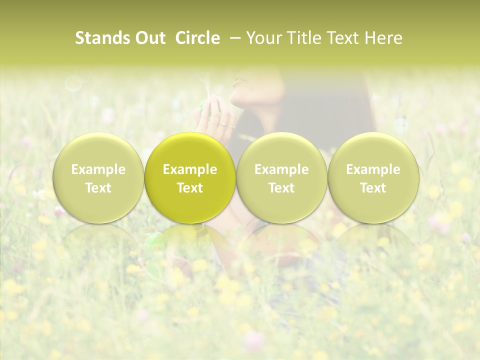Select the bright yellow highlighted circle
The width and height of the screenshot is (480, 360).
[x=190, y=178]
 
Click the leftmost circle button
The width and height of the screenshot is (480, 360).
[x=98, y=178]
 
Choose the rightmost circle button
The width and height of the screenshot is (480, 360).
[x=373, y=178]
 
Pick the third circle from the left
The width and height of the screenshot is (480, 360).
[x=281, y=178]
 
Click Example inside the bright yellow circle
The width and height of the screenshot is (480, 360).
[x=190, y=169]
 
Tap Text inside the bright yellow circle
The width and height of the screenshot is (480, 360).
[x=190, y=188]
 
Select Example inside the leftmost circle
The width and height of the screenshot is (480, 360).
[x=98, y=169]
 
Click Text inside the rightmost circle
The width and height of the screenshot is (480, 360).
[x=373, y=188]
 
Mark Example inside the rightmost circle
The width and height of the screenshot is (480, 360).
[x=373, y=169]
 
